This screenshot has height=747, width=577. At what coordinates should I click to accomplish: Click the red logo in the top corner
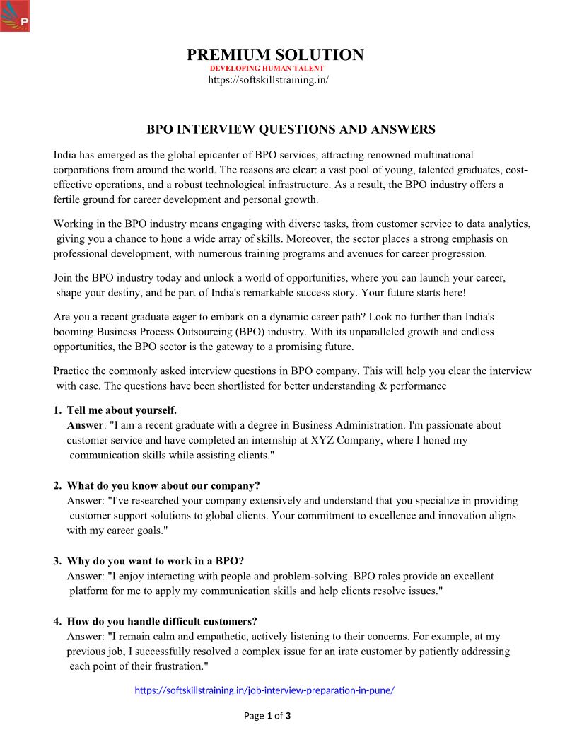click(15, 16)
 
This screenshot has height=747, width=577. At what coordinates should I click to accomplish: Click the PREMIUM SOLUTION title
click(275, 54)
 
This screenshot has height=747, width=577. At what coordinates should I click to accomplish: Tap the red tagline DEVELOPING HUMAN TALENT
click(267, 69)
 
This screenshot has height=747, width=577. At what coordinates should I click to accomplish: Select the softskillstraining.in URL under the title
click(268, 80)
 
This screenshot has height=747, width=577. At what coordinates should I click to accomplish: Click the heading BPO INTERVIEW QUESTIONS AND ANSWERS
click(291, 129)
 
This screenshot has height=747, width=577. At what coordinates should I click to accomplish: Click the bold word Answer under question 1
click(85, 425)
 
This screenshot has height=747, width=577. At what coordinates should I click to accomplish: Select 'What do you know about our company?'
click(163, 486)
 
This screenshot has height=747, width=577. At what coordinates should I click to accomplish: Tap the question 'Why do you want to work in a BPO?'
click(156, 562)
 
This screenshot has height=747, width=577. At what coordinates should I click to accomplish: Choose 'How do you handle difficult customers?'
click(162, 622)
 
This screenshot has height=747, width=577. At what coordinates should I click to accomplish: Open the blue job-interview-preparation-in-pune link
click(264, 690)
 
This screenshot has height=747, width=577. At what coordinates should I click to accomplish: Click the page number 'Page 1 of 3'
click(267, 716)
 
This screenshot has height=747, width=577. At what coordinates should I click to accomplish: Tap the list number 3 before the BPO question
click(57, 562)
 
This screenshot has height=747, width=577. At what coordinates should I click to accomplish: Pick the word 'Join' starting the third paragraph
click(64, 278)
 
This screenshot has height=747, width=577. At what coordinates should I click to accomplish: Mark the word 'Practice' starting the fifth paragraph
click(73, 371)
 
